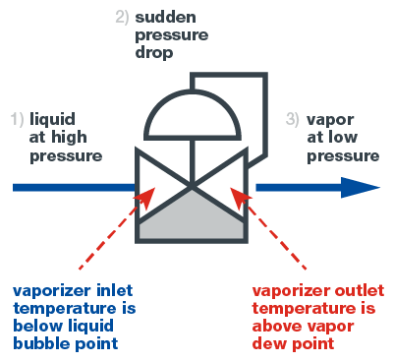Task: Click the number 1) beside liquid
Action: click(x=18, y=120)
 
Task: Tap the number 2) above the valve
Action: click(x=122, y=17)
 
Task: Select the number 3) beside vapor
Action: click(x=292, y=120)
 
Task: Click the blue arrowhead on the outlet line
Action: click(x=363, y=186)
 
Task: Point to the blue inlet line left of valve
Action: click(x=69, y=186)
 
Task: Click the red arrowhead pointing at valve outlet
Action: click(x=239, y=198)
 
